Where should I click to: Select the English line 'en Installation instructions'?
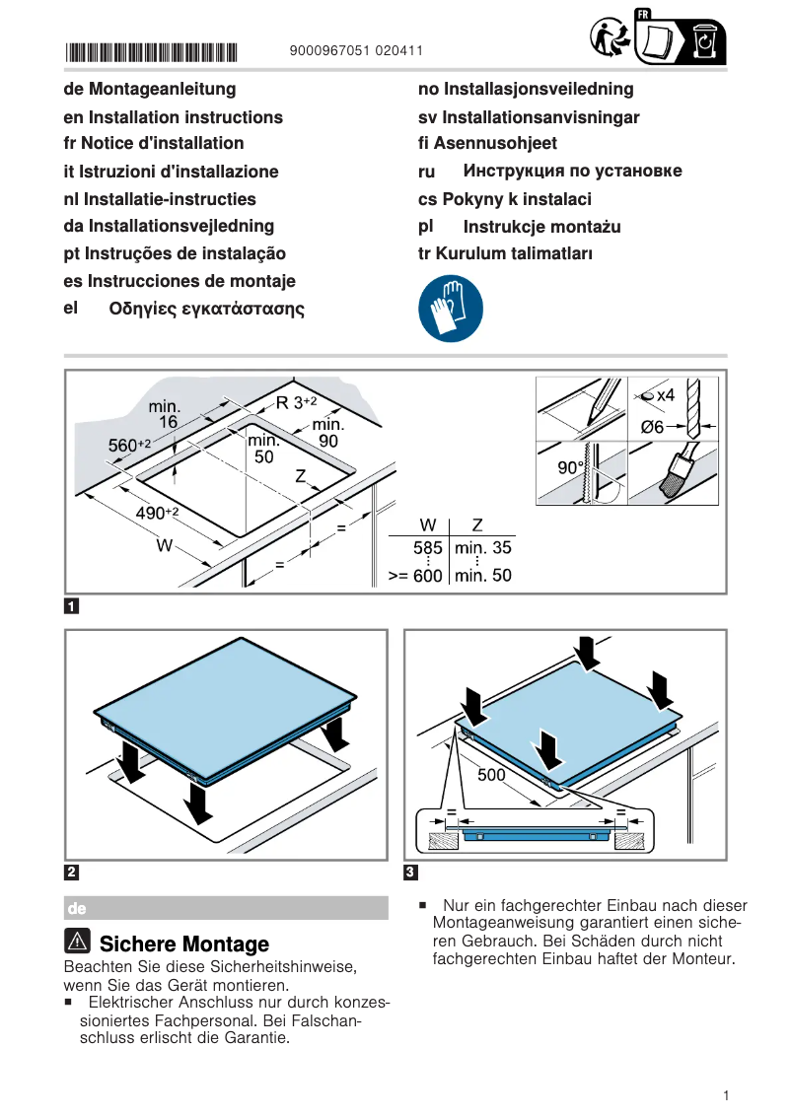click(x=173, y=117)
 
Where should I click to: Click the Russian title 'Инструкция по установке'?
click(x=572, y=172)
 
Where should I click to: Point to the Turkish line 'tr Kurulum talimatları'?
click(x=505, y=253)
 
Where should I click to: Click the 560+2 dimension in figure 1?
click(x=128, y=446)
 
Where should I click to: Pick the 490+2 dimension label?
click(x=156, y=512)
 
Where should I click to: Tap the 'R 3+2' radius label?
click(x=296, y=402)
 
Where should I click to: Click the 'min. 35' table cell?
click(x=482, y=548)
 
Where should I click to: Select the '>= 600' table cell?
click(x=415, y=576)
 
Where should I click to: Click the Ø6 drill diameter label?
click(x=652, y=427)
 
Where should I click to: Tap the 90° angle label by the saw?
click(x=571, y=468)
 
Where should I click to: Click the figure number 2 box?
click(x=72, y=872)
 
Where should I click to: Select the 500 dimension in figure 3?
click(x=491, y=775)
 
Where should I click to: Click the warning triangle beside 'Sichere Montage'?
click(x=79, y=942)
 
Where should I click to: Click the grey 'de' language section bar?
click(x=226, y=907)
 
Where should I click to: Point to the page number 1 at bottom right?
click(x=725, y=1095)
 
